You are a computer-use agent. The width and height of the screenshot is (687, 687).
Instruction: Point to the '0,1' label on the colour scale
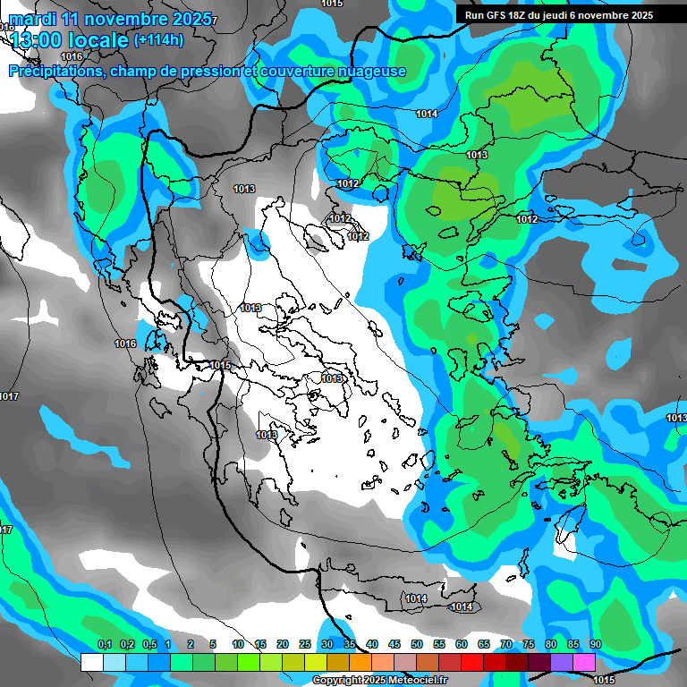click(x=105, y=644)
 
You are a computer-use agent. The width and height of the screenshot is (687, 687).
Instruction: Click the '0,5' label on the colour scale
click(x=149, y=644)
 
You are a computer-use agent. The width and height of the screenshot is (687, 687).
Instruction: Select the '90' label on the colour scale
click(x=595, y=644)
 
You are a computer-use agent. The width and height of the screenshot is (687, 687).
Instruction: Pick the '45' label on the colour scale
click(x=394, y=644)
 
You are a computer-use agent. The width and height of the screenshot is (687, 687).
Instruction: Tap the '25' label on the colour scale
click(x=304, y=644)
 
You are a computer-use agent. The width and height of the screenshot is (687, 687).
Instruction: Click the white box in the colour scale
click(x=91, y=662)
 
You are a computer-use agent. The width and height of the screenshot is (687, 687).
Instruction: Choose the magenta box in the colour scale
click(x=584, y=662)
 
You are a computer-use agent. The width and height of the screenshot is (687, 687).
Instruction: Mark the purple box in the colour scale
click(x=562, y=662)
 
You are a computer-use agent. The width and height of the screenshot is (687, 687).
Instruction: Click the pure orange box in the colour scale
click(x=360, y=662)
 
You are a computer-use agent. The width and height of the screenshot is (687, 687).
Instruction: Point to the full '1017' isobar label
click(x=8, y=396)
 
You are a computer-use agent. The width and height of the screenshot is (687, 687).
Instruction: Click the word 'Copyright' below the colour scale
click(x=337, y=681)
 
